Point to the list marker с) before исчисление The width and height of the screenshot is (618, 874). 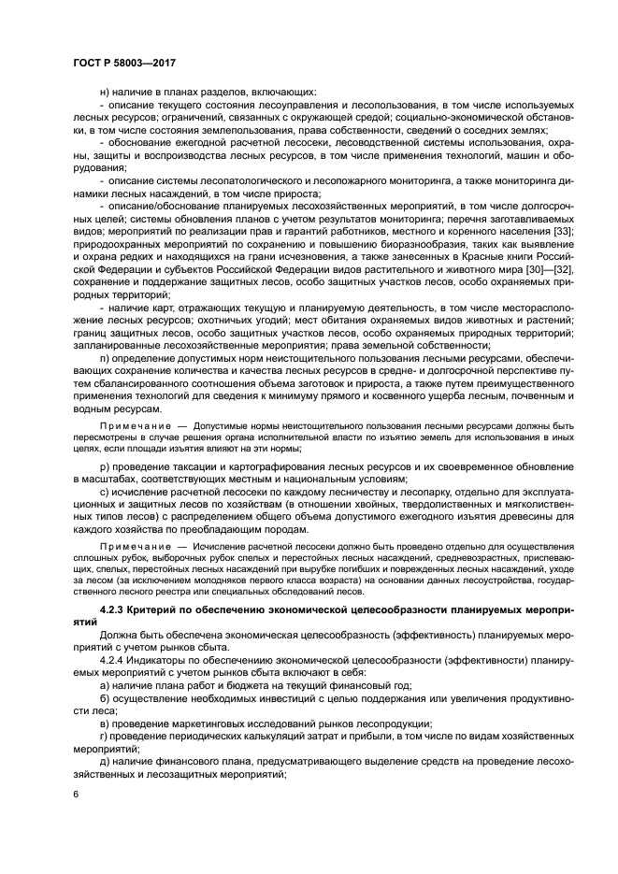pos(103,492)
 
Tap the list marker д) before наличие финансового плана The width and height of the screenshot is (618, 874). pos(103,762)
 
